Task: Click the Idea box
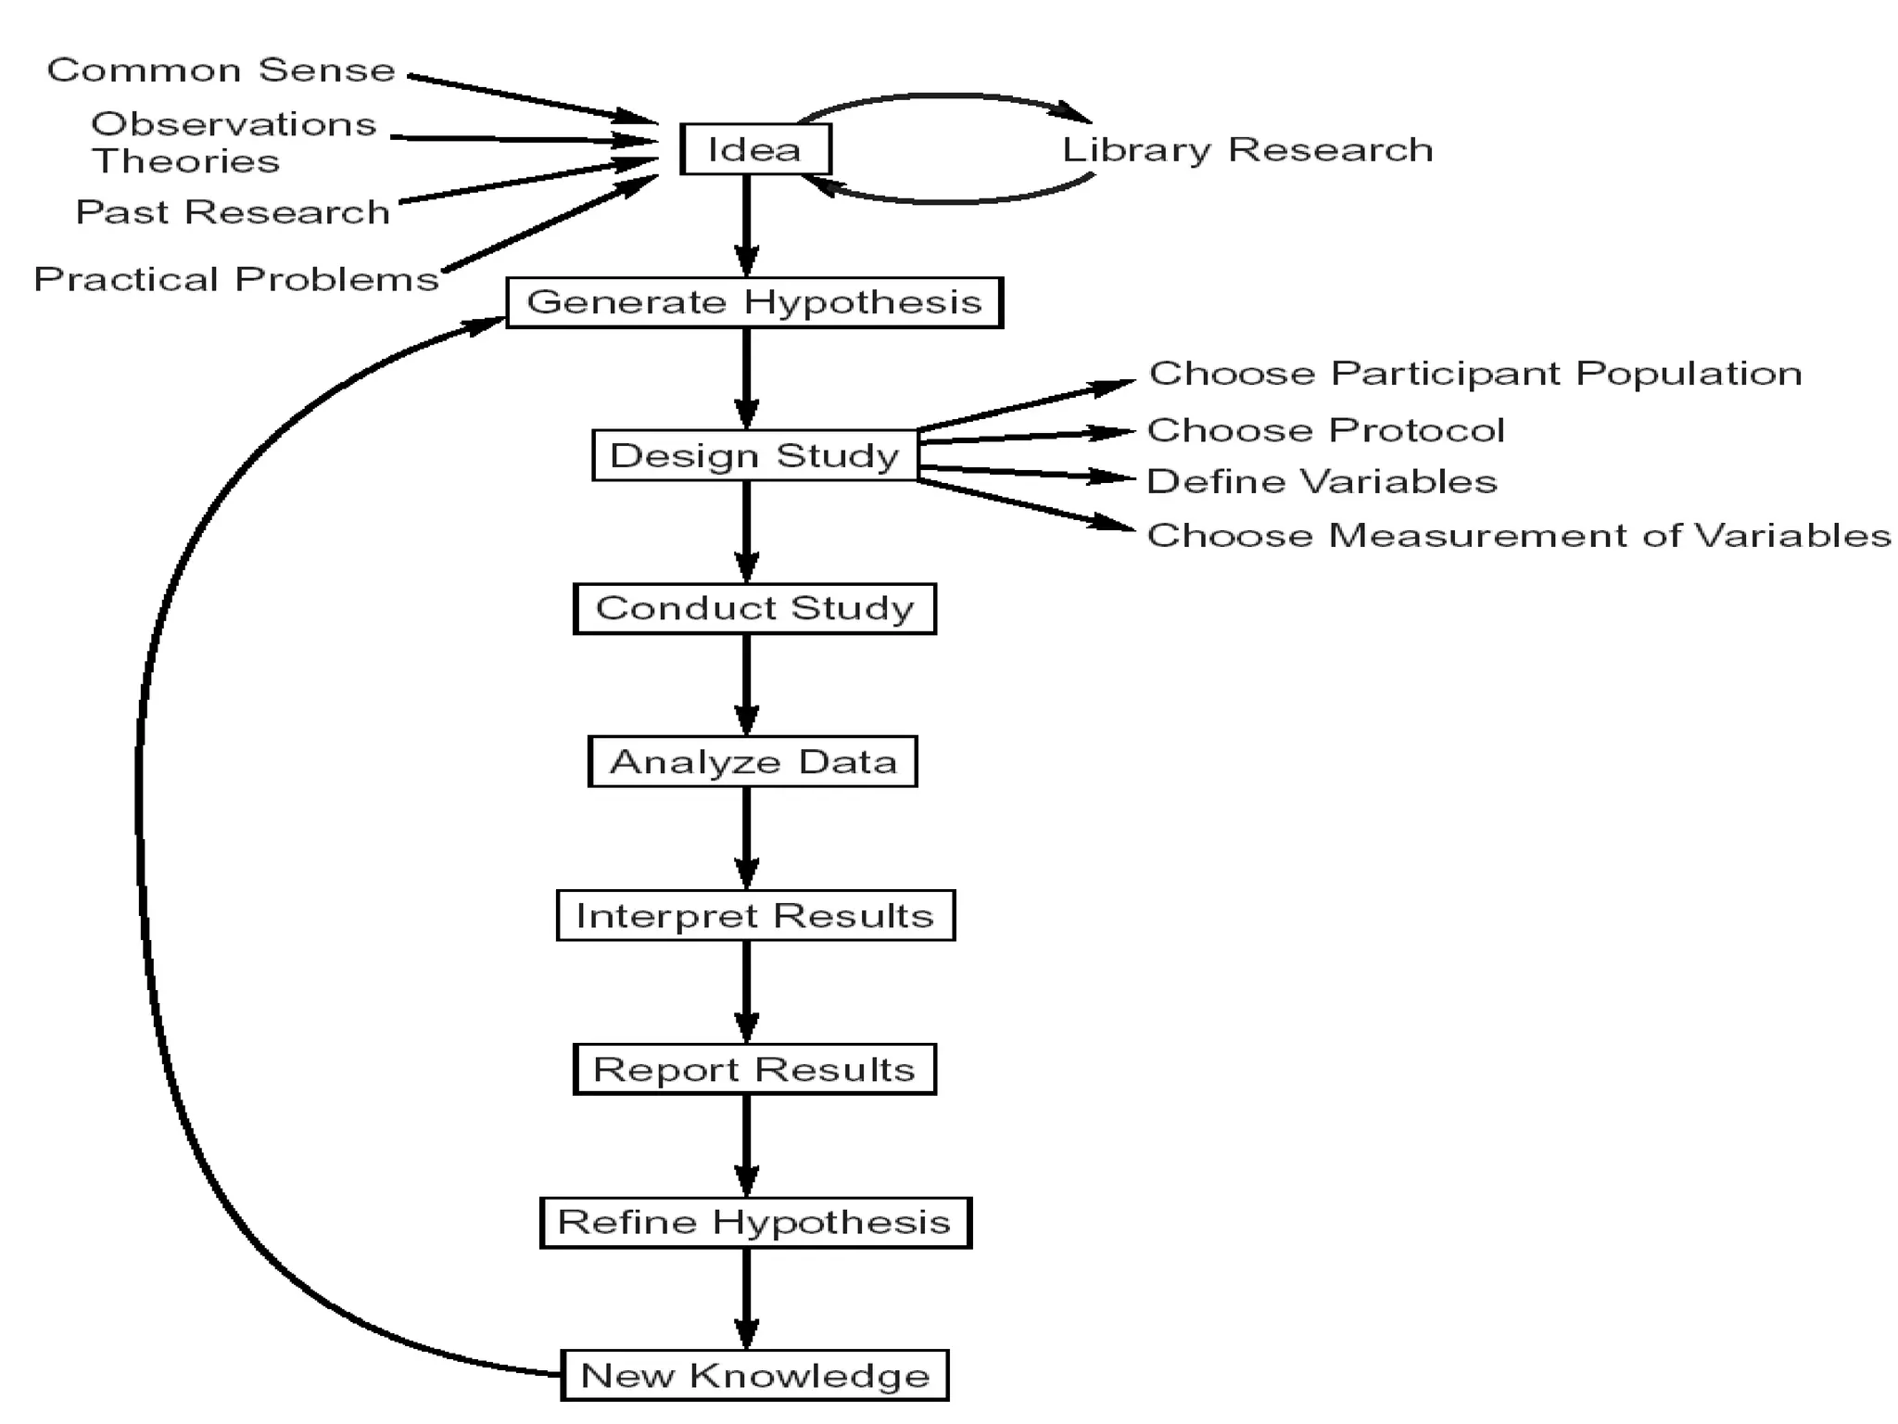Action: coord(755,149)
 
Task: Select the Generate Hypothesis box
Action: coord(754,302)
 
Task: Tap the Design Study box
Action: coord(754,455)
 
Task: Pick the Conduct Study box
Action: coord(754,608)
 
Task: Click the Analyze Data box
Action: coord(753,762)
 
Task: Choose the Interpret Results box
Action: coord(754,916)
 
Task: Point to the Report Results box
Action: coord(754,1069)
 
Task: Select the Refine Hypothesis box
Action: coord(754,1222)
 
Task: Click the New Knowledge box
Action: coord(754,1375)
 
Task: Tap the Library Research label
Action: coord(1246,150)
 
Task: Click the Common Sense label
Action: coord(221,70)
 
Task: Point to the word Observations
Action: coord(234,124)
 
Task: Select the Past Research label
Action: coord(232,212)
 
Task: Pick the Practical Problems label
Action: coord(235,279)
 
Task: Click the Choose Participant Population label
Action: coord(1474,374)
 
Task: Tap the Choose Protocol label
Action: coord(1325,430)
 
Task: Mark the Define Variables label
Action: coord(1322,481)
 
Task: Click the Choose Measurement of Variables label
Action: coord(1518,535)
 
